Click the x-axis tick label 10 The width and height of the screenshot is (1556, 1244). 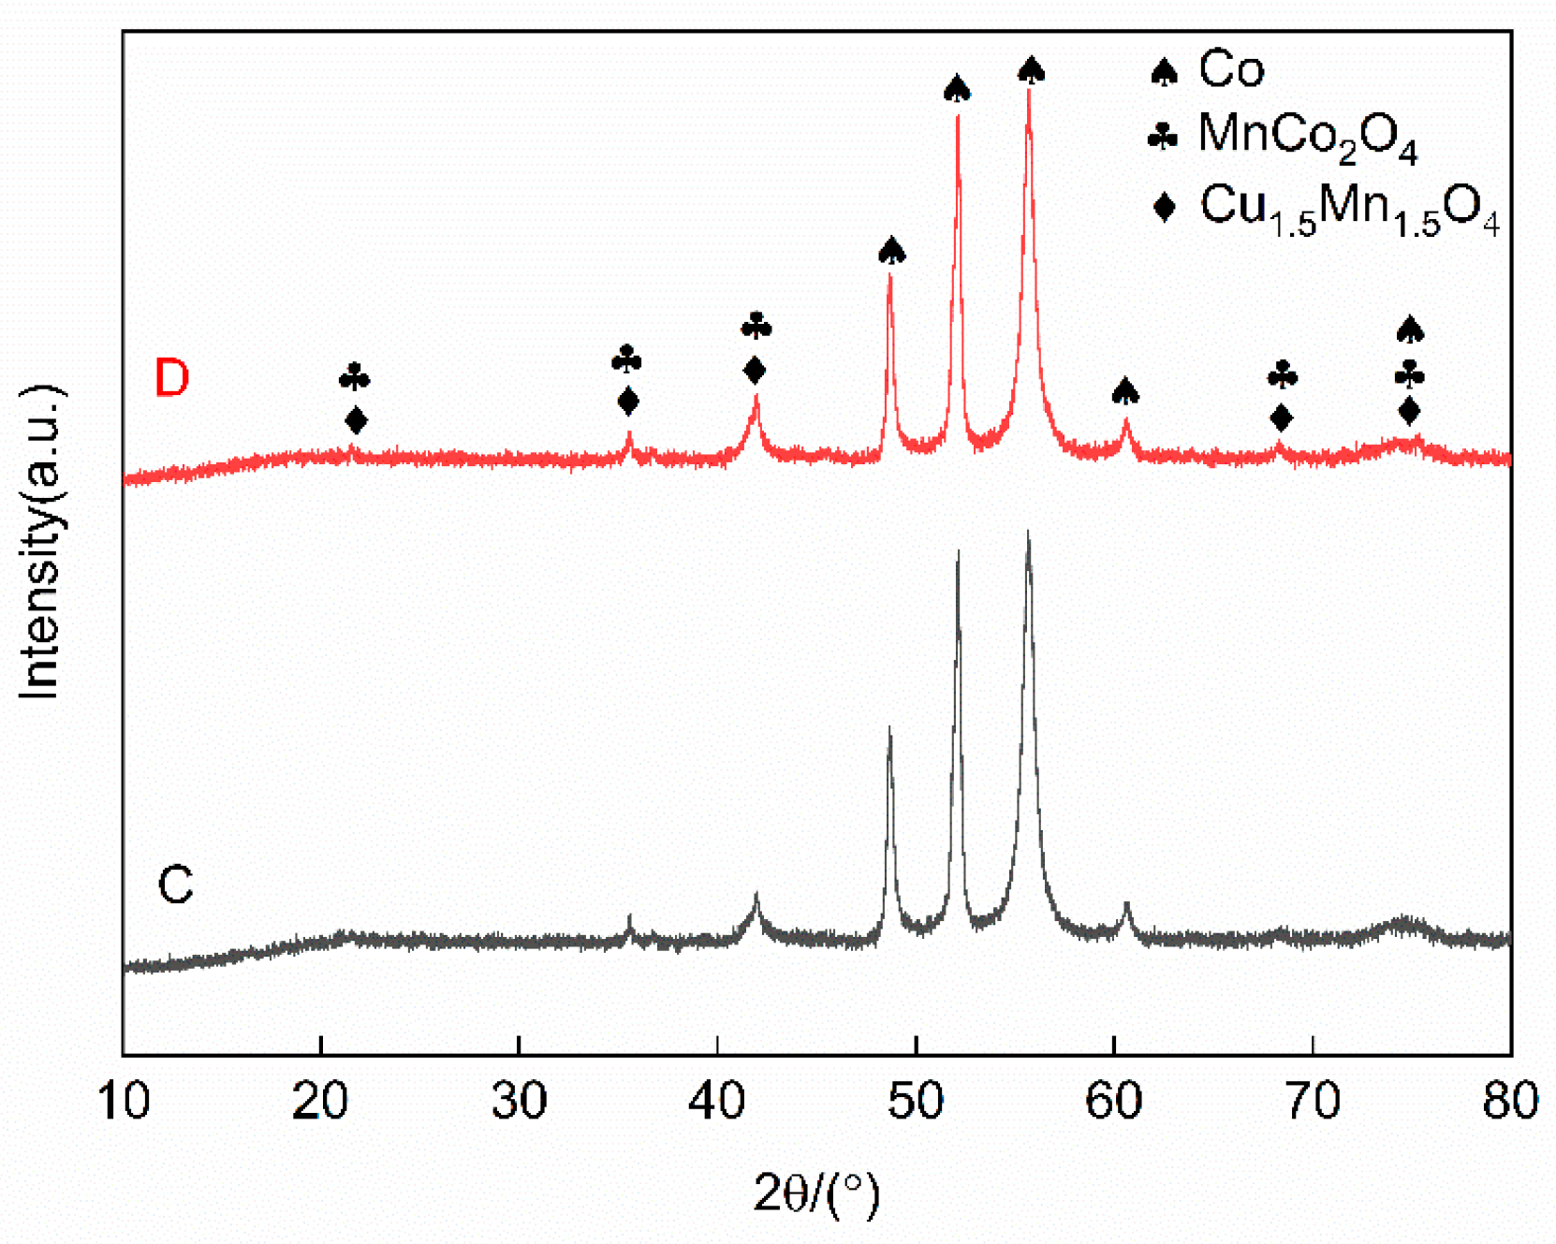tap(123, 1101)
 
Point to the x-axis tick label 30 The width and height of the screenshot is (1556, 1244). tap(519, 1101)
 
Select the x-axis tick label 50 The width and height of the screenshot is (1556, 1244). tap(916, 1101)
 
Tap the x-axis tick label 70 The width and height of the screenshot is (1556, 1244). tap(1313, 1101)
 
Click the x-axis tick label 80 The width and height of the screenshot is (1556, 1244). tap(1510, 1101)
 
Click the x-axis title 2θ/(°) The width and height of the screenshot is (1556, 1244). tap(816, 1193)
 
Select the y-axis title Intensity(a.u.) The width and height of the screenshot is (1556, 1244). tap(40, 540)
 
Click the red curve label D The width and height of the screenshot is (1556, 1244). tap(172, 377)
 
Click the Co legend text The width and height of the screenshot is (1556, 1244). tap(1231, 68)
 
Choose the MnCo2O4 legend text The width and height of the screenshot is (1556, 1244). tap(1307, 137)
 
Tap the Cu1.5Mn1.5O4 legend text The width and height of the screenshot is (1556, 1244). tap(1349, 208)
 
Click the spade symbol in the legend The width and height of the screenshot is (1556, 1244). tap(1164, 71)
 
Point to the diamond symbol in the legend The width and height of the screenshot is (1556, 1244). tap(1164, 206)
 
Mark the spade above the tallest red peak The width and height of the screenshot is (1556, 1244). tap(1031, 68)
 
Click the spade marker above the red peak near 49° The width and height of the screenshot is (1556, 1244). tap(891, 250)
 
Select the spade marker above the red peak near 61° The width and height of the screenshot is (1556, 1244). tap(1125, 390)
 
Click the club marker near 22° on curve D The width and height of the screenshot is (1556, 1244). tap(355, 378)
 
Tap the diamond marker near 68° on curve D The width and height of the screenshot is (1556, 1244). tap(1282, 417)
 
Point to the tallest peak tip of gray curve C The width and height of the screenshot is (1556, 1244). tap(1029, 534)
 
